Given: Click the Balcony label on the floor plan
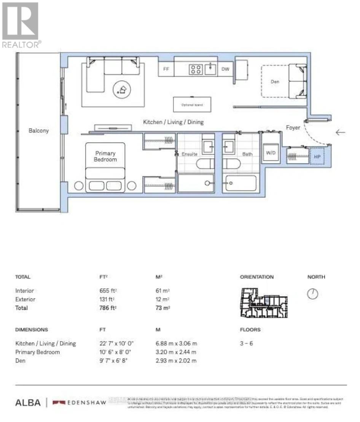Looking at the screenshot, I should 39,131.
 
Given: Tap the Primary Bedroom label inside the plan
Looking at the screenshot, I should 105,156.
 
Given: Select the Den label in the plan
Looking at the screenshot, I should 275,82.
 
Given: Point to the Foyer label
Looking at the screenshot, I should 293,128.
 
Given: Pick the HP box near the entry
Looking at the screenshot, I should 317,157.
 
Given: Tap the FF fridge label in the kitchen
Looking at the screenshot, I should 166,70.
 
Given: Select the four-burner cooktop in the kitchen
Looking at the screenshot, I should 196,70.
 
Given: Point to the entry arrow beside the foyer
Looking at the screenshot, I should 340,132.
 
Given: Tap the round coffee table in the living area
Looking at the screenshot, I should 122,90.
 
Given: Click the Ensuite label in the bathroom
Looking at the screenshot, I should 190,155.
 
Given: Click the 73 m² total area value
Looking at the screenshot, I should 160,308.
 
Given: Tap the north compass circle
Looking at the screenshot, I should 312,294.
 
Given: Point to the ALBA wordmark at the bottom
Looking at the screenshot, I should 28,403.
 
